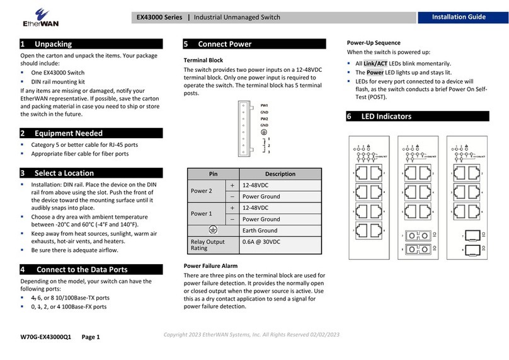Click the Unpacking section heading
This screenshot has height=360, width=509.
54,44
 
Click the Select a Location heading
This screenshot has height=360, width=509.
64,173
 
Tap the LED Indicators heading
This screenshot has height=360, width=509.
386,116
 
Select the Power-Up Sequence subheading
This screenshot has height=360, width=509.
374,43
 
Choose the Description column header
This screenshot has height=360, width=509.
280,174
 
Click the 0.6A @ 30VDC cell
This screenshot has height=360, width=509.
261,242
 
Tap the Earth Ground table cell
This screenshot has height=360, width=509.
261,231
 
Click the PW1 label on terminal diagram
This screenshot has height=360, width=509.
265,105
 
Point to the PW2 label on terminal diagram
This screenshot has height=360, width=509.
265,119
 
